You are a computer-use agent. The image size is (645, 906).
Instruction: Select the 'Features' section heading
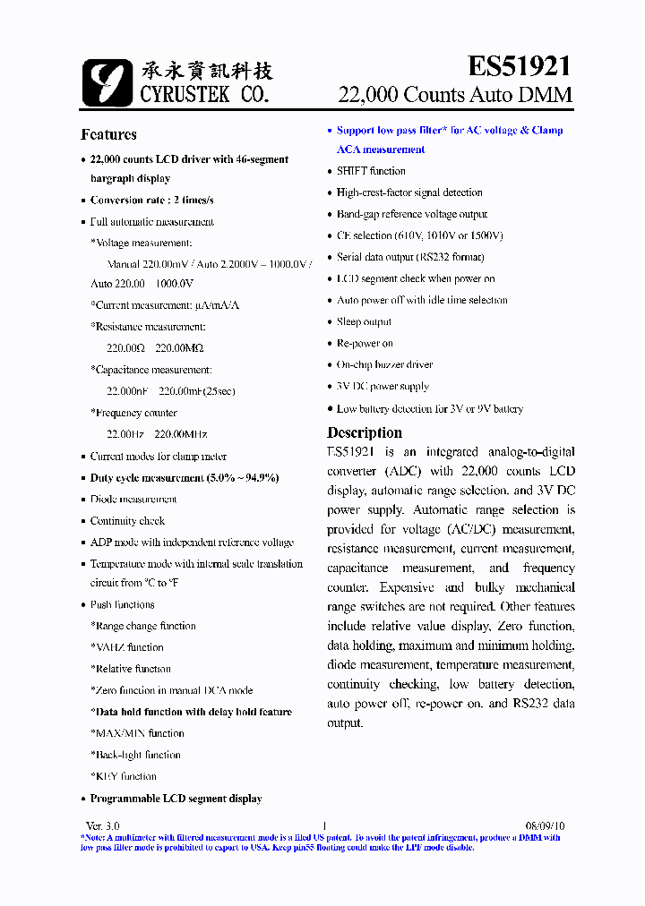click(108, 134)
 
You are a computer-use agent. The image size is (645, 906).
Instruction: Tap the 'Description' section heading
click(364, 432)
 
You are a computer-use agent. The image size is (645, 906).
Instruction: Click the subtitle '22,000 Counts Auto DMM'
click(454, 95)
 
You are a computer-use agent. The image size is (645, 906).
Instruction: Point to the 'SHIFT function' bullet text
click(371, 171)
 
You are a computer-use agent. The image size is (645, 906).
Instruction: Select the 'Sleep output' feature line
click(364, 322)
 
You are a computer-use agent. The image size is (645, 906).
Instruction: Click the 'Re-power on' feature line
click(365, 344)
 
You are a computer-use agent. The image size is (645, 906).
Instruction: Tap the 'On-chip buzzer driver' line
click(384, 365)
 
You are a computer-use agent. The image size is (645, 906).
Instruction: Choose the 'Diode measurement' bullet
click(133, 500)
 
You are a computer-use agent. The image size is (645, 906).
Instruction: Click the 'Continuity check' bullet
click(127, 521)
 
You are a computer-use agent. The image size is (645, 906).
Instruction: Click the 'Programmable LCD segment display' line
click(176, 799)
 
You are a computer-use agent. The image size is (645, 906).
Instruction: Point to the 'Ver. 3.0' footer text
click(102, 825)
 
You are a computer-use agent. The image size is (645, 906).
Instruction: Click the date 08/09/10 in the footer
click(545, 825)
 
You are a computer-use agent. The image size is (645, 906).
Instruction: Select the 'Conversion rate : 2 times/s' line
click(151, 201)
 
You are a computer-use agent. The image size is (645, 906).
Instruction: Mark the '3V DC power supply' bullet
click(383, 387)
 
